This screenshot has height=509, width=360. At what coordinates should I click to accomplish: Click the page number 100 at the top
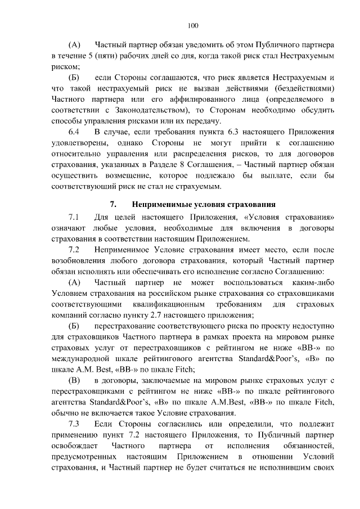click(193, 25)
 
